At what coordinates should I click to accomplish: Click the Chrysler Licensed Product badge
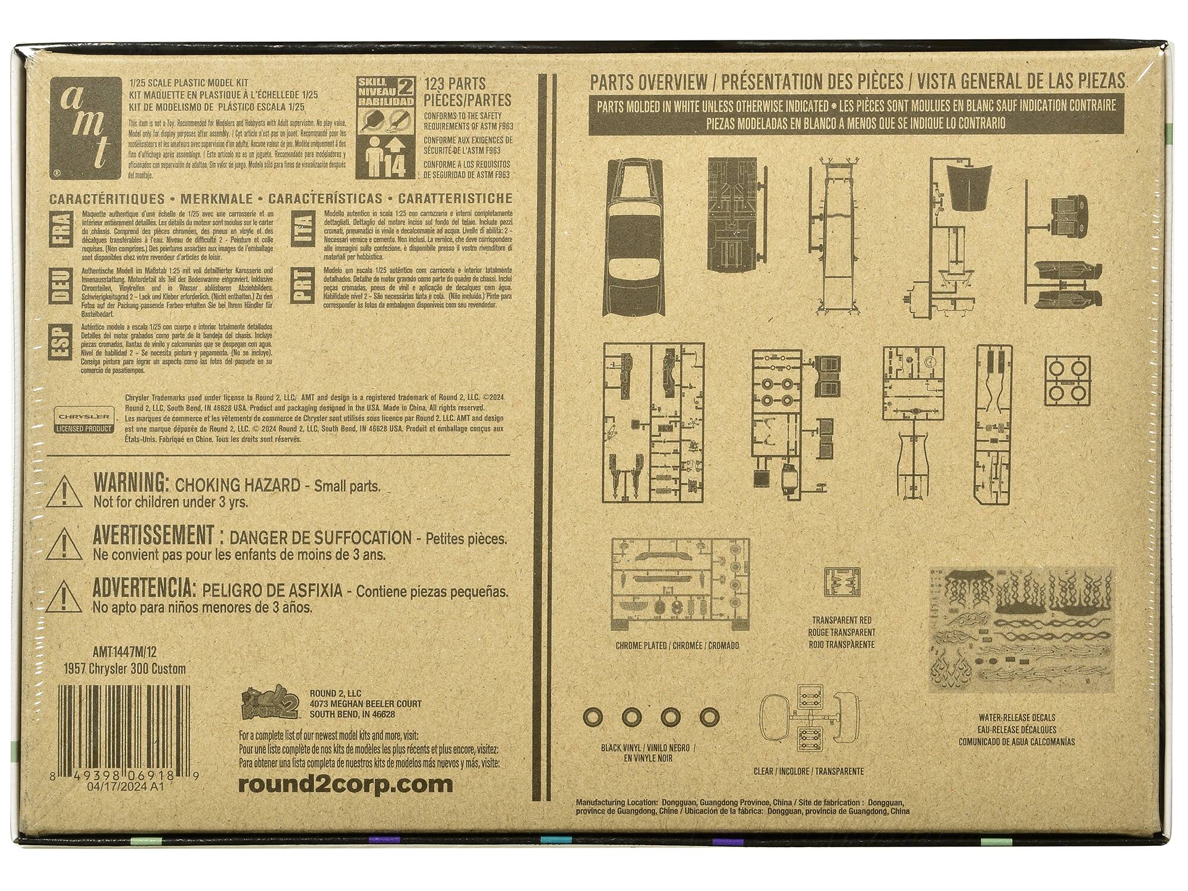point(83,419)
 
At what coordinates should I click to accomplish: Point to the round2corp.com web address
point(345,784)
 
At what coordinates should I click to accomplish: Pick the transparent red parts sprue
point(842,582)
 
